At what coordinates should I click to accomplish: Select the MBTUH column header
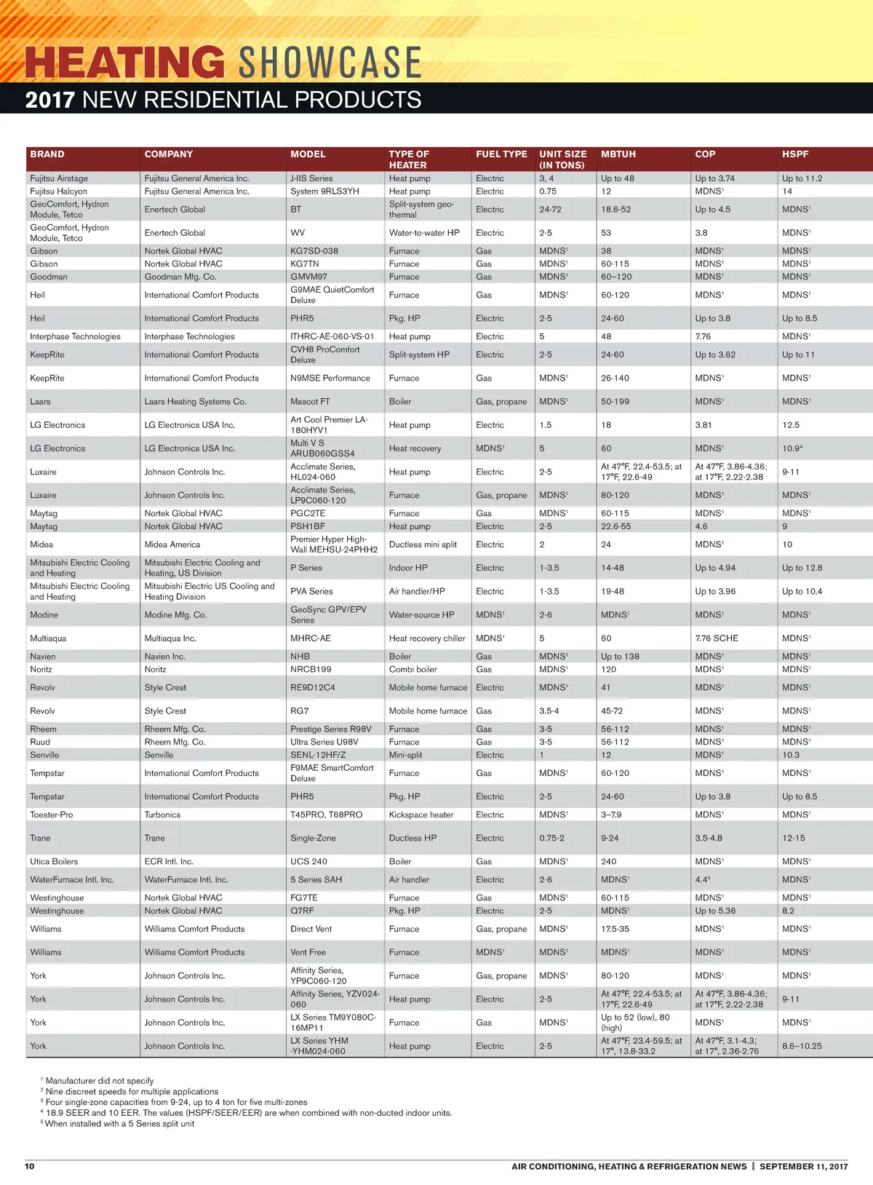pyautogui.click(x=618, y=154)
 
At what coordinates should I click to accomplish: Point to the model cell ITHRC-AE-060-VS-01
pyautogui.click(x=332, y=336)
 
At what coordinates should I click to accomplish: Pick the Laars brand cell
pyautogui.click(x=40, y=402)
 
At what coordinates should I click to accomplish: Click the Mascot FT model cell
pyautogui.click(x=310, y=402)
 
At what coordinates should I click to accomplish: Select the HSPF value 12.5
pyautogui.click(x=791, y=425)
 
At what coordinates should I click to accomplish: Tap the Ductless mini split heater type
pyautogui.click(x=423, y=544)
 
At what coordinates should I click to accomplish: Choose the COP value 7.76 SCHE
pyautogui.click(x=717, y=638)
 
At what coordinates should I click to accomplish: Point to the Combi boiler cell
pyautogui.click(x=413, y=670)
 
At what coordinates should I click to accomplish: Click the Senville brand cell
pyautogui.click(x=44, y=756)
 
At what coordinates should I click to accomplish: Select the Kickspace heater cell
pyautogui.click(x=420, y=815)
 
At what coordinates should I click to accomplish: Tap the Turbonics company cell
pyautogui.click(x=162, y=815)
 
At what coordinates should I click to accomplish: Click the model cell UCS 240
pyautogui.click(x=308, y=862)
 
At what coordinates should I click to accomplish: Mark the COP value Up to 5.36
pyautogui.click(x=715, y=911)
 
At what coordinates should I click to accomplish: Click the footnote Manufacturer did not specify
pyautogui.click(x=100, y=1081)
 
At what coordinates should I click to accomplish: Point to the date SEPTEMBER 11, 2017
pyautogui.click(x=804, y=1166)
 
